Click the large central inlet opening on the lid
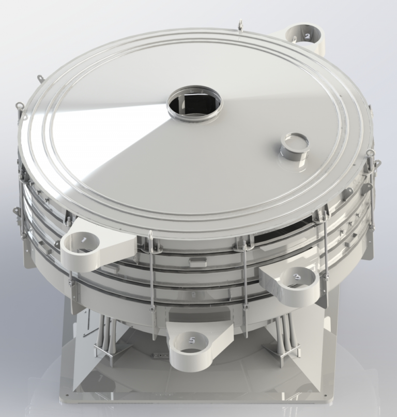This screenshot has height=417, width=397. [x=194, y=104]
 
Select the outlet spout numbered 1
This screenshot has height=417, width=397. [x=85, y=243]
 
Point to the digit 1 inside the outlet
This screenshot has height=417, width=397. [x=83, y=239]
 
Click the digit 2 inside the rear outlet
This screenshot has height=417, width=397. [x=307, y=36]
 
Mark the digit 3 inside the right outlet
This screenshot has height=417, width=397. [x=297, y=278]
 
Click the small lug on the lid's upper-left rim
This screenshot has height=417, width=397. [x=39, y=79]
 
